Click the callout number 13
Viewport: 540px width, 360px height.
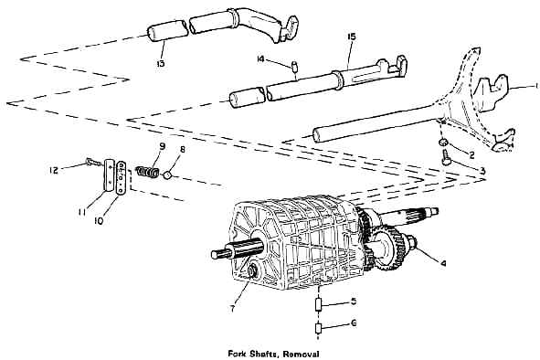tap(160, 63)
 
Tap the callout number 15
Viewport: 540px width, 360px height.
tap(352, 37)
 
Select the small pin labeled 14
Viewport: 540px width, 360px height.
tap(295, 66)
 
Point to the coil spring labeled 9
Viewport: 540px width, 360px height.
tap(147, 172)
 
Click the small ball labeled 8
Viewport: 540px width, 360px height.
tap(167, 175)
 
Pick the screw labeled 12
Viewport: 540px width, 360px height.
tap(92, 161)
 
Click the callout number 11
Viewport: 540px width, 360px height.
tap(81, 212)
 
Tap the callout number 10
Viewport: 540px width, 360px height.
tap(99, 221)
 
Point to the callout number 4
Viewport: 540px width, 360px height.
tap(443, 263)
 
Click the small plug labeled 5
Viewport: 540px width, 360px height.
tap(319, 304)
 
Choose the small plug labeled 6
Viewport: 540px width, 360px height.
tap(319, 328)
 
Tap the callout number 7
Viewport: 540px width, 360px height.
tap(232, 309)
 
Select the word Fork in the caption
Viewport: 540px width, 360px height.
tap(238, 354)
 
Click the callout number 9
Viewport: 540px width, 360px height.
tap(162, 146)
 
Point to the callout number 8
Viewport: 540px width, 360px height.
tap(182, 149)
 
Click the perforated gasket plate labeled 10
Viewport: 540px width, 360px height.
tap(122, 178)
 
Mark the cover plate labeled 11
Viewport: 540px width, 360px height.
tap(109, 175)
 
